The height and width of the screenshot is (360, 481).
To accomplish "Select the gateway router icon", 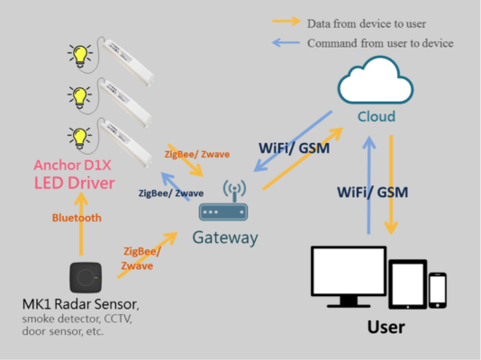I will coord(222,209).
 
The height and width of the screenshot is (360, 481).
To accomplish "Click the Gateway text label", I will coord(224,238).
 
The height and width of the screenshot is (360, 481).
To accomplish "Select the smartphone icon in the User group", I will coord(437,290).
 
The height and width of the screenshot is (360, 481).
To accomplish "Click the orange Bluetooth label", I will coord(76,218).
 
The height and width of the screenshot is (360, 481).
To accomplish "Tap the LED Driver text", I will coord(75,184).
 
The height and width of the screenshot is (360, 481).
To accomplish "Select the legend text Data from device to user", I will coord(365,22).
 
